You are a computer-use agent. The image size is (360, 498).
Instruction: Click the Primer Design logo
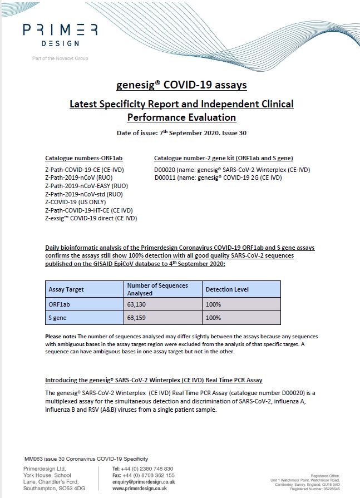coord(60,34)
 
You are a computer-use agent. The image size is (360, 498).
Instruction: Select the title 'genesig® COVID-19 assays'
coord(181,85)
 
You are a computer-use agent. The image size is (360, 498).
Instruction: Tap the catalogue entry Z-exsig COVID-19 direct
coord(91,218)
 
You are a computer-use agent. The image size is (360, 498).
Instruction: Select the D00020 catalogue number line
coord(232,170)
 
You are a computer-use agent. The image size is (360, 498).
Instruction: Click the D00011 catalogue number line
coord(218,177)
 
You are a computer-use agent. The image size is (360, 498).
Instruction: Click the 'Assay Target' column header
coord(66,290)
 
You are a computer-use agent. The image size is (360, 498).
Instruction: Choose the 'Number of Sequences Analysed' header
coord(157,289)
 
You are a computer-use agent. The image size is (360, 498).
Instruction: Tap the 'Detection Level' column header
coord(227,290)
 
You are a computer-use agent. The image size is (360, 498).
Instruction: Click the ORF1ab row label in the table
coord(60,304)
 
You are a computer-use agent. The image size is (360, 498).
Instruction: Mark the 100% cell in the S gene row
coord(213,318)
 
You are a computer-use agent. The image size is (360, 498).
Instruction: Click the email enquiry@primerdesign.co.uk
coord(144,482)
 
